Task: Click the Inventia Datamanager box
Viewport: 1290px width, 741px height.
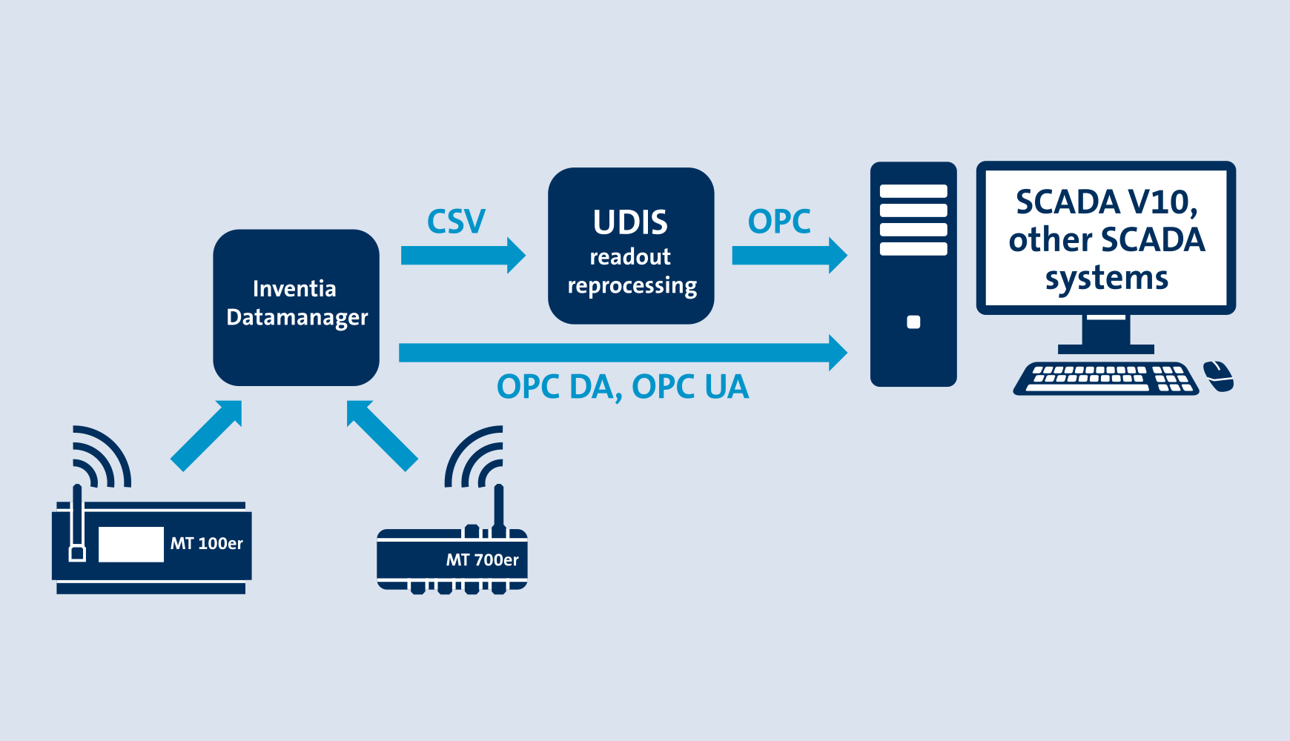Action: point(296,307)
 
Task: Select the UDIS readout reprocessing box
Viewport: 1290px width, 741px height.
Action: point(631,246)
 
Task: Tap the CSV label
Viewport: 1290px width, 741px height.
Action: point(456,222)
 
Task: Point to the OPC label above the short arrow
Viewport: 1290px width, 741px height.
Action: point(778,222)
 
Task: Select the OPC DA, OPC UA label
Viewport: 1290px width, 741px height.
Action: point(623,387)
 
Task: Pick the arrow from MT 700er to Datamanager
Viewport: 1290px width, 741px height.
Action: point(382,435)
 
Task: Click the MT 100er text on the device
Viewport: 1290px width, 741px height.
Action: point(206,543)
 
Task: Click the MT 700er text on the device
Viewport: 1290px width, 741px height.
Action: point(482,559)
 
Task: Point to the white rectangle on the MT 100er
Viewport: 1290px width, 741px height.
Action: point(130,544)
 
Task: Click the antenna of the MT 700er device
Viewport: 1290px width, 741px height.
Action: point(498,508)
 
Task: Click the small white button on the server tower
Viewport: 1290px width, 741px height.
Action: point(913,322)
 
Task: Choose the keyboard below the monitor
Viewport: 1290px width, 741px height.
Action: point(1105,378)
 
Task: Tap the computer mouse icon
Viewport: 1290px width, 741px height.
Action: point(1218,376)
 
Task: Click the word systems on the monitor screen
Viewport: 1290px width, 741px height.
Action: point(1106,279)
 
